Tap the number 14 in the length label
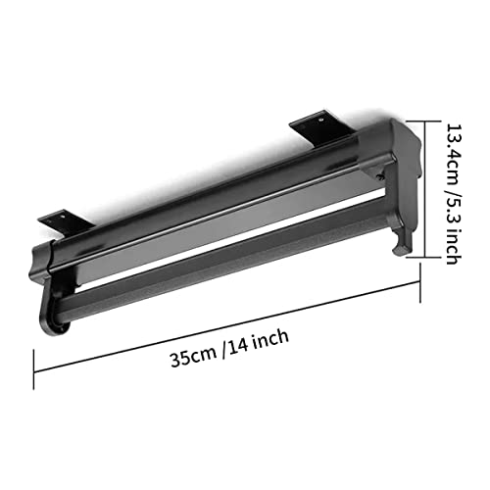coord(237,345)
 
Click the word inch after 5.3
coord(454,247)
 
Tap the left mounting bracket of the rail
coord(66,221)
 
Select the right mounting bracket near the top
coord(321,127)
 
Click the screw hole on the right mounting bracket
coord(320,121)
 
